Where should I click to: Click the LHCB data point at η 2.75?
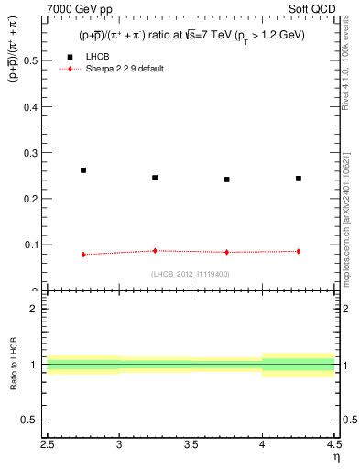click(x=83, y=170)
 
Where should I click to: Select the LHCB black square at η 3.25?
click(x=155, y=178)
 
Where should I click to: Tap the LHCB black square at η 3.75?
click(x=226, y=180)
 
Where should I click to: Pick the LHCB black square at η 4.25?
click(x=299, y=179)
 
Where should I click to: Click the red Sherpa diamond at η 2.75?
click(x=83, y=255)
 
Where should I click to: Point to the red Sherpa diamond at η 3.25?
click(x=155, y=250)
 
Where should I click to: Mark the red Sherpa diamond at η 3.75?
click(x=226, y=252)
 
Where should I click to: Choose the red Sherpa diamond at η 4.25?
click(x=299, y=251)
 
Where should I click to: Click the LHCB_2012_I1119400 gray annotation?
click(x=190, y=273)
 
